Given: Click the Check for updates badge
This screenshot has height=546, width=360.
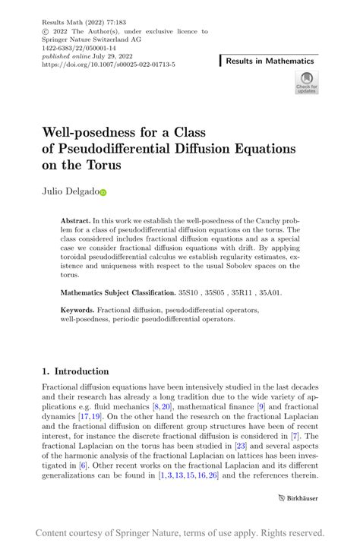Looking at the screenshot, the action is [x=306, y=83].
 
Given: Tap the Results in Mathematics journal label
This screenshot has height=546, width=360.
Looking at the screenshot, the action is [x=270, y=61].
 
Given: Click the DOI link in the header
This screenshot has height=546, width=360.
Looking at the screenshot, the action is [x=109, y=65].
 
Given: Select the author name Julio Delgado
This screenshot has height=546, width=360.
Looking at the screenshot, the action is [x=69, y=193].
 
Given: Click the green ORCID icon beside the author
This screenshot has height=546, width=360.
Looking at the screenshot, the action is [x=103, y=194].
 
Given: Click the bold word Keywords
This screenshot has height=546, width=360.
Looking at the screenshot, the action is [x=78, y=311].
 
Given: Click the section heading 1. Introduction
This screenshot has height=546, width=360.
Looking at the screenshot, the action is [x=76, y=371].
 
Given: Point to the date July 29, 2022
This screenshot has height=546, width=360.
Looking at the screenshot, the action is [x=101, y=57].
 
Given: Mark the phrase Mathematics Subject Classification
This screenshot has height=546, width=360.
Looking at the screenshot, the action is [x=118, y=292].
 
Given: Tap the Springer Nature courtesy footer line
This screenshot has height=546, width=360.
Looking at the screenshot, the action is [x=179, y=532].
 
